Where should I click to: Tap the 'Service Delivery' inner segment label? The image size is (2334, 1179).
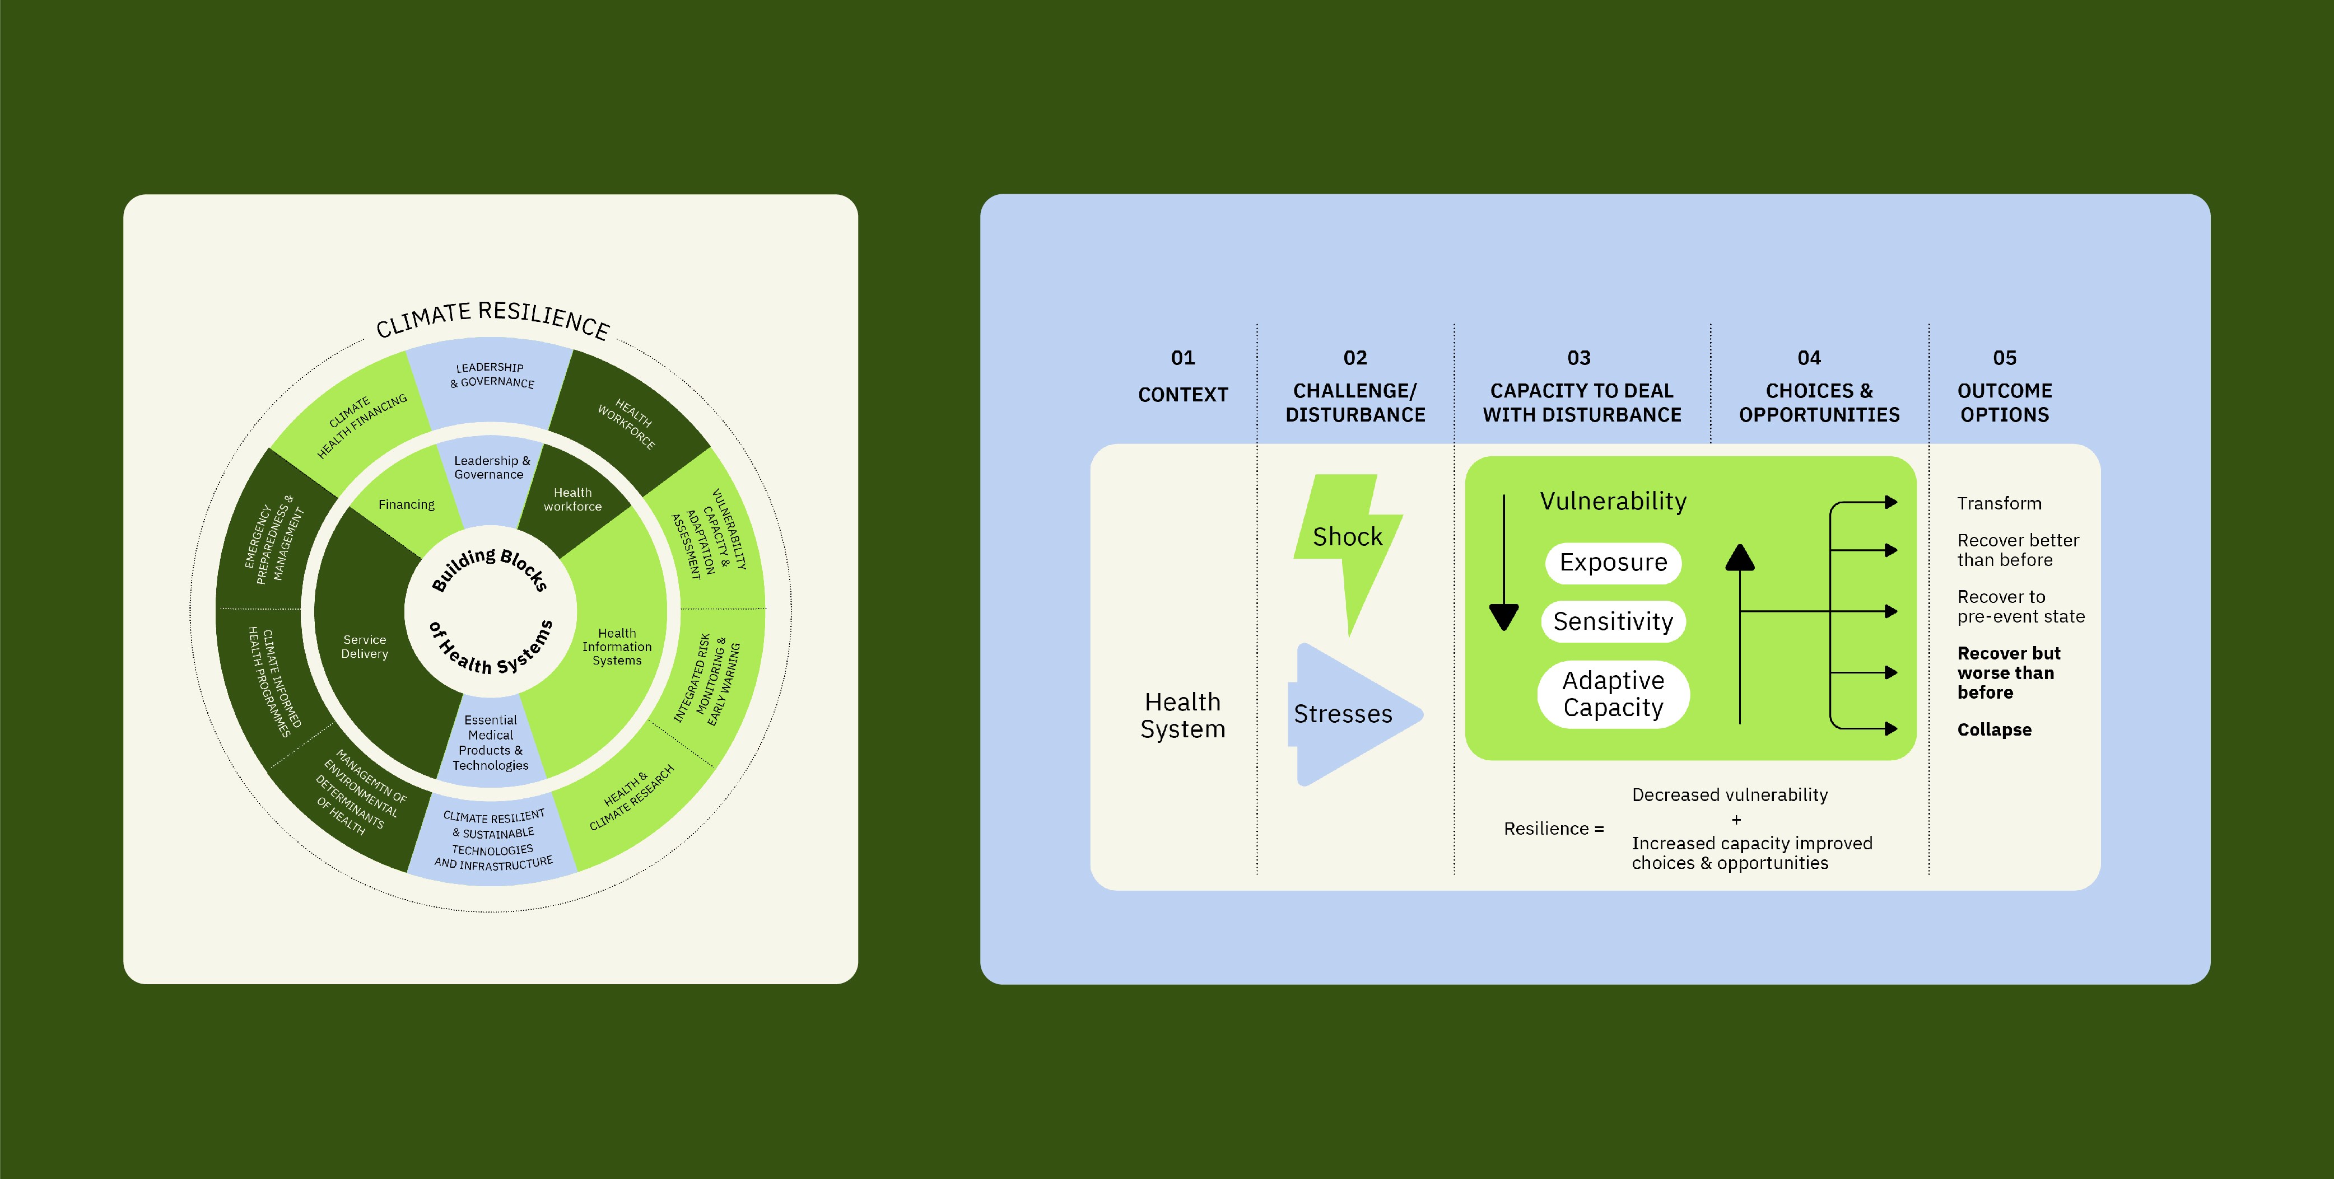tap(364, 647)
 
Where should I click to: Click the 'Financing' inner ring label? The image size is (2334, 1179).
tap(406, 504)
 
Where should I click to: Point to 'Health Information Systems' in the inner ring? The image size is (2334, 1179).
tap(616, 647)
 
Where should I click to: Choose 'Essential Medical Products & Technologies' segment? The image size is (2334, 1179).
tap(490, 742)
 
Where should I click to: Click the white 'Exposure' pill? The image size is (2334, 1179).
tap(1613, 562)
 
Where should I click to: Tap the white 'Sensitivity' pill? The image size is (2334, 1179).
tap(1613, 621)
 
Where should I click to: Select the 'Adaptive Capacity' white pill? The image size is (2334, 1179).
tap(1613, 694)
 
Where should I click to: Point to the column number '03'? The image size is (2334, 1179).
tap(1578, 358)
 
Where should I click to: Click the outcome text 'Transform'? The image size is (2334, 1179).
tap(1998, 503)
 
